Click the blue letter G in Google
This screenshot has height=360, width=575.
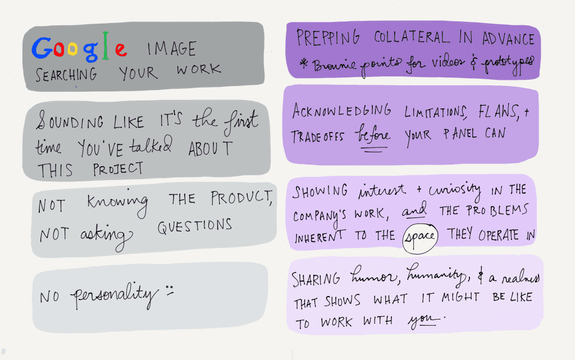(x=42, y=48)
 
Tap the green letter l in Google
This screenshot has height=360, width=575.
(x=106, y=46)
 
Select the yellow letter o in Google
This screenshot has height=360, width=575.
(x=72, y=49)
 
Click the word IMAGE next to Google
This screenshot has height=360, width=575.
(x=171, y=49)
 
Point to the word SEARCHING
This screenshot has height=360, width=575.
(x=66, y=75)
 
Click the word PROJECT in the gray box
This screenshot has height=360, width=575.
(x=118, y=168)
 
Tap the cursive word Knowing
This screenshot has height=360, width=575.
(x=118, y=203)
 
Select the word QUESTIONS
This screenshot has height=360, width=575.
(x=194, y=226)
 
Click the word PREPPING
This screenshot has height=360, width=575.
(x=327, y=38)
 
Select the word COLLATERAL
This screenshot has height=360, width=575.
(x=412, y=37)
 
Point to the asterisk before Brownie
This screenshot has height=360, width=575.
(x=304, y=64)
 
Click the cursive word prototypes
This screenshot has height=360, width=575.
(x=507, y=65)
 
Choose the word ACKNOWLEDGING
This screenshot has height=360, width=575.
(x=341, y=111)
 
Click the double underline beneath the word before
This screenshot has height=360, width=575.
(x=373, y=149)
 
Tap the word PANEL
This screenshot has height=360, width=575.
(x=460, y=134)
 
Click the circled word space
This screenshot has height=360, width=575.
(x=420, y=238)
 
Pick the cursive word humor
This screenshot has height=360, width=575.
(x=373, y=275)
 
